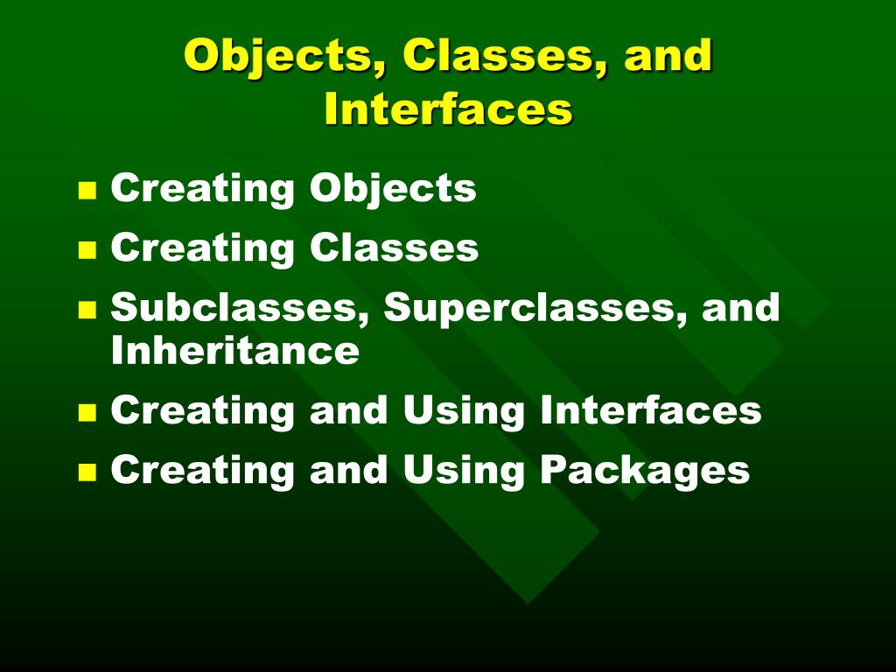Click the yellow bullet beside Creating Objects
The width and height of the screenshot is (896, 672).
pos(87,190)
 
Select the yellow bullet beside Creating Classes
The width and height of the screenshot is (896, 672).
pos(87,249)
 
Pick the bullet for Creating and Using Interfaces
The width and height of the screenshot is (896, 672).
pos(87,412)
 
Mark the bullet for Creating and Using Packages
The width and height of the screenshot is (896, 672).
pos(87,472)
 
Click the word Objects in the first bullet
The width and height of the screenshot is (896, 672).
pos(393,189)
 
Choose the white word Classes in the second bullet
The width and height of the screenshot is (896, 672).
pos(394,247)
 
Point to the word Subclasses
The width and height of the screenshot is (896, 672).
pos(240,307)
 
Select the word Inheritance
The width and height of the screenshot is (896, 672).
pos(234,350)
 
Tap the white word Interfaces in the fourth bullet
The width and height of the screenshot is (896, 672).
pos(651,409)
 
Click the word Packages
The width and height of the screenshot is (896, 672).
pos(645,471)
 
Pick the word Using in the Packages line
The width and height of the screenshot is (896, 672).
pos(464,471)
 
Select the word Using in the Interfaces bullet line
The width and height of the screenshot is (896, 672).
pos(464,411)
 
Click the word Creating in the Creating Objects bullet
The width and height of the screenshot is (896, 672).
pos(202,189)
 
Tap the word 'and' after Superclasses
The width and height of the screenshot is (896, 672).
pos(740,306)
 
